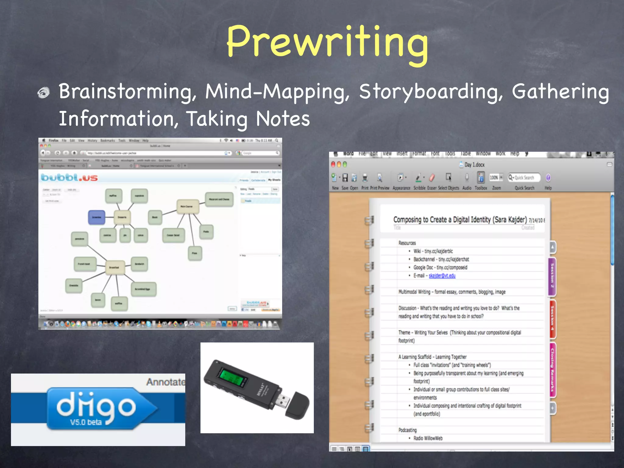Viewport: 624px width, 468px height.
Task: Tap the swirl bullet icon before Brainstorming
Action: coord(44,93)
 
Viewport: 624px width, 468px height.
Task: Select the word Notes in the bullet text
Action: coord(282,119)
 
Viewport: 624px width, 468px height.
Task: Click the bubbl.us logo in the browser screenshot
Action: coord(69,177)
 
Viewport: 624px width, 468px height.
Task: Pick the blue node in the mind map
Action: coord(97,217)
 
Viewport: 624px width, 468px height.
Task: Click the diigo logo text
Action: coord(96,405)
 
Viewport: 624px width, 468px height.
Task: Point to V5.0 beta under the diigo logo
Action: coord(86,422)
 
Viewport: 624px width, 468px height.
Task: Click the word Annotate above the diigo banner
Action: coord(165,382)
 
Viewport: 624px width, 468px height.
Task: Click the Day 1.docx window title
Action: coord(474,165)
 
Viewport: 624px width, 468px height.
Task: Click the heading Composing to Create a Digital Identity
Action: coord(460,219)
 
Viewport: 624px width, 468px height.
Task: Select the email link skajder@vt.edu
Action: coord(442,276)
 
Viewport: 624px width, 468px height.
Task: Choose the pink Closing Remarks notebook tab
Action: coord(552,370)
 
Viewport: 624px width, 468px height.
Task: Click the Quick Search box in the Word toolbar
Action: coord(524,178)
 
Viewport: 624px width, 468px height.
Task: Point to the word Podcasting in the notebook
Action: coord(407,430)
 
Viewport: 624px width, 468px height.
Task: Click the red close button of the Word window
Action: coord(333,165)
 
